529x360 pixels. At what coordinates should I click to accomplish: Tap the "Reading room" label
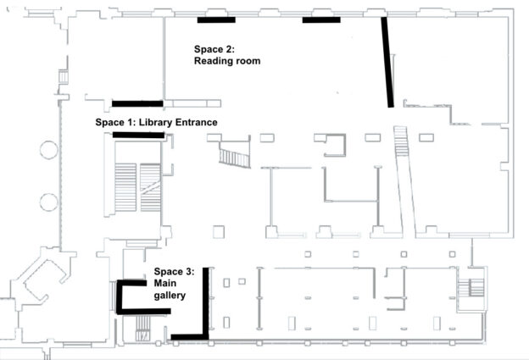226,61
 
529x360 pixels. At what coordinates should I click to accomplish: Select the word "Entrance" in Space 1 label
190,123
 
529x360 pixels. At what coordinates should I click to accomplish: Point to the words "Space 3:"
175,272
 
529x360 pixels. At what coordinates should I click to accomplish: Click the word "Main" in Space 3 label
166,284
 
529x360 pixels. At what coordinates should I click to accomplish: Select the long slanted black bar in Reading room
387,64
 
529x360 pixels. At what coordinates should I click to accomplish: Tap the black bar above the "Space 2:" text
216,19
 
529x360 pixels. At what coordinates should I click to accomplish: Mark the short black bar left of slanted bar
321,19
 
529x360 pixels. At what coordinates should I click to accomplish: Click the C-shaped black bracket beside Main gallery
127,297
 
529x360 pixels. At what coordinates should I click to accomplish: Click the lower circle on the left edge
47,202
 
